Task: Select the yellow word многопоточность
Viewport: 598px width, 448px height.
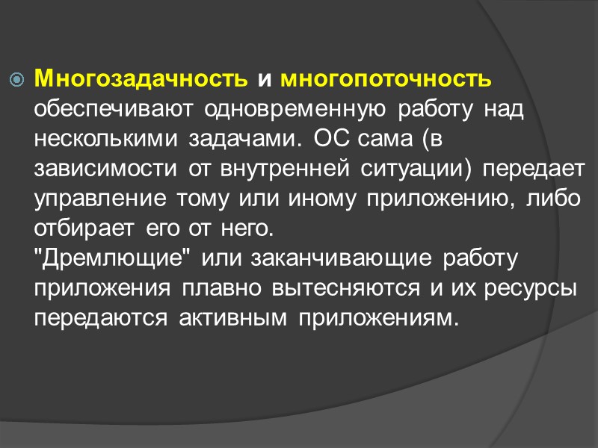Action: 386,78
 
